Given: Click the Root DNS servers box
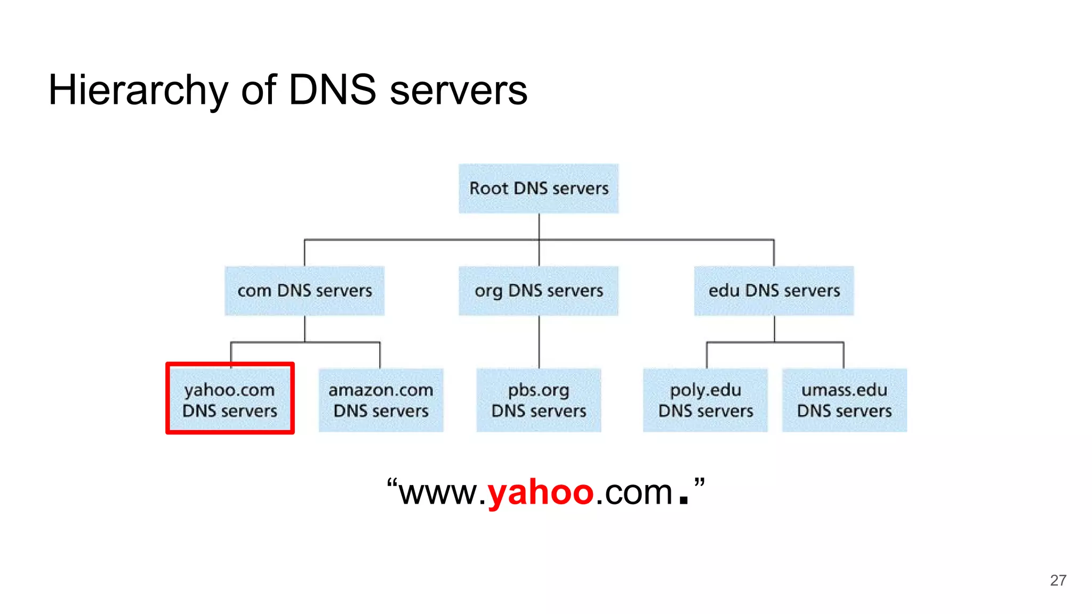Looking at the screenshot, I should click(x=539, y=189).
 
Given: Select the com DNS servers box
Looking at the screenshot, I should click(x=304, y=291).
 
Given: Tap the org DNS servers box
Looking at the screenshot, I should click(x=539, y=291).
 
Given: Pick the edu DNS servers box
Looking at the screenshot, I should click(x=774, y=291).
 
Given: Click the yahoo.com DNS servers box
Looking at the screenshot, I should click(x=230, y=400).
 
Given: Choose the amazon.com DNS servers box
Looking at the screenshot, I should click(x=381, y=400).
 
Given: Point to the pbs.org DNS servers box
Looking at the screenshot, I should click(x=539, y=400).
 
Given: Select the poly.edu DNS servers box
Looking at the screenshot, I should click(x=705, y=400).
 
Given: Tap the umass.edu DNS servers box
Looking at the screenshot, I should click(x=844, y=400).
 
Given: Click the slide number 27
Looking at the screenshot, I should click(x=1058, y=580).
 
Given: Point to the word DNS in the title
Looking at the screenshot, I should click(x=332, y=90).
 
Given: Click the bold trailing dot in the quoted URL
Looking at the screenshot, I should click(x=684, y=500).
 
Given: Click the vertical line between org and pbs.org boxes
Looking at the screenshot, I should click(x=539, y=342).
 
